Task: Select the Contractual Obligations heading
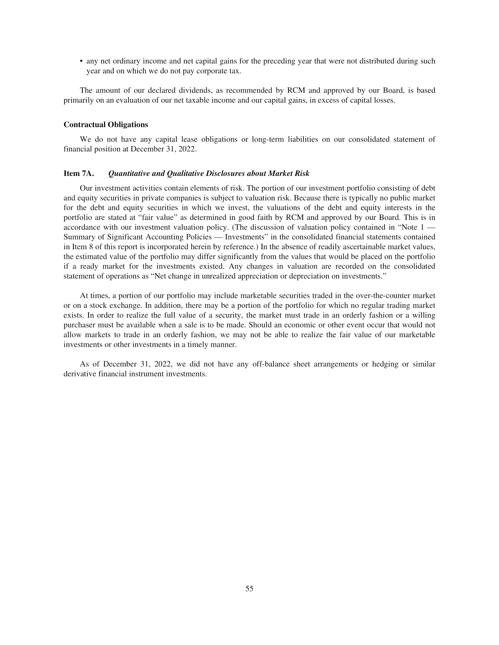tap(106, 125)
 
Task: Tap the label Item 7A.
tap(79, 174)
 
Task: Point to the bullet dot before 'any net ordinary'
tap(81, 62)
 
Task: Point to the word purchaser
tap(80, 325)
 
